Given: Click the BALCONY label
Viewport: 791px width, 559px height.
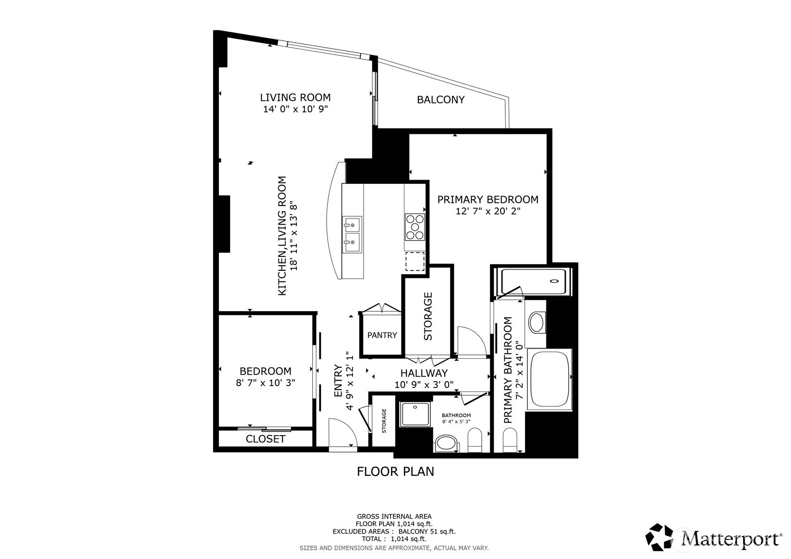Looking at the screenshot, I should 440,100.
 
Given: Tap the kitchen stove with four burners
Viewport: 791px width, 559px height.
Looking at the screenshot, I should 415,227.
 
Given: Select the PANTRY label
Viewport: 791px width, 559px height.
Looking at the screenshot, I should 382,335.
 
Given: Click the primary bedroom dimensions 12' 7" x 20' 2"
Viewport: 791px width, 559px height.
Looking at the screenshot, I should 488,211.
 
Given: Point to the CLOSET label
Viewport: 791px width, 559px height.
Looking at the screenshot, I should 266,439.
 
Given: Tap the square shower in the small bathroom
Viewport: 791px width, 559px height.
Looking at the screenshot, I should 415,414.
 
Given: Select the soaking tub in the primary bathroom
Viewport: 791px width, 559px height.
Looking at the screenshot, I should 550,379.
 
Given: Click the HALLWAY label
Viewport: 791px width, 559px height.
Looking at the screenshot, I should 424,373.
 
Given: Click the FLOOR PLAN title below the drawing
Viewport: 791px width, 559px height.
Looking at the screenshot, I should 395,472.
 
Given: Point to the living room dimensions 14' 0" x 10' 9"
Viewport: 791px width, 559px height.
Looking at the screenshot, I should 295,109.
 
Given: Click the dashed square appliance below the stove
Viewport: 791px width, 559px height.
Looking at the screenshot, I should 415,261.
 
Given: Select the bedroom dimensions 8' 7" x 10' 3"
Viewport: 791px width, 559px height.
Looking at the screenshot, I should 265,383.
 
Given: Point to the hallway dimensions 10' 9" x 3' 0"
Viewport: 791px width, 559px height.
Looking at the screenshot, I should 424,384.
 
